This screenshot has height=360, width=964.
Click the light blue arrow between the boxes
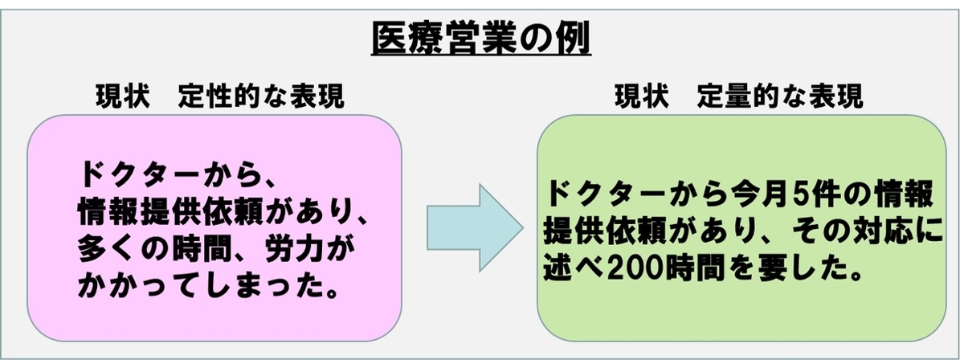[x=471, y=227]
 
